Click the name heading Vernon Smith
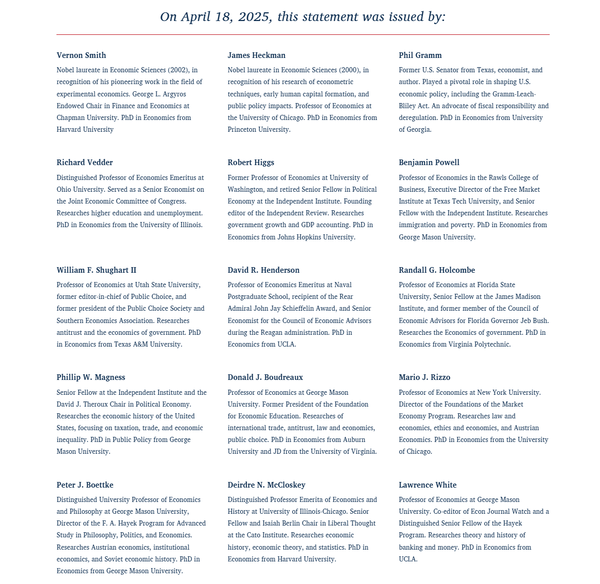(x=81, y=55)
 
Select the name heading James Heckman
(x=257, y=55)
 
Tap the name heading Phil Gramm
(x=420, y=55)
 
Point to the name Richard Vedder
(x=85, y=163)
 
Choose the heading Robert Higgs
(x=251, y=163)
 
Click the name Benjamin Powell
(x=429, y=163)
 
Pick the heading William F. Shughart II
(x=96, y=270)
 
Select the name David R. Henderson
(x=263, y=270)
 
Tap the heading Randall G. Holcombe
(x=437, y=270)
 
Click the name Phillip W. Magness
(x=91, y=377)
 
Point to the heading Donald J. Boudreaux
(x=265, y=377)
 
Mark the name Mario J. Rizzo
(x=424, y=377)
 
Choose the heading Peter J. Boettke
(x=85, y=485)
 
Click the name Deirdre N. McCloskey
(x=266, y=485)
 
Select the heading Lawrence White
(x=428, y=485)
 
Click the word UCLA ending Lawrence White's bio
(x=408, y=559)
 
